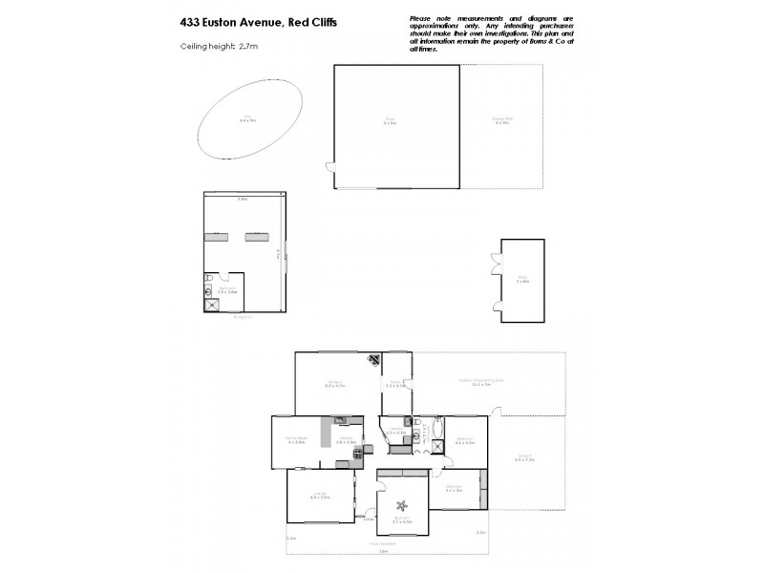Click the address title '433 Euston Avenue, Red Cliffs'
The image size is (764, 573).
[x=256, y=22]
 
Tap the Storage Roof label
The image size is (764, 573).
[x=502, y=119]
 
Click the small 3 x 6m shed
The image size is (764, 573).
[x=522, y=280]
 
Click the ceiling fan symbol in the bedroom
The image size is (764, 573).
[x=401, y=508]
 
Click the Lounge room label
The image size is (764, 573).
[x=320, y=496]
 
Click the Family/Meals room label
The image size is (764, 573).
[x=295, y=440]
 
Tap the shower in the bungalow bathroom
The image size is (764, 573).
[x=211, y=306]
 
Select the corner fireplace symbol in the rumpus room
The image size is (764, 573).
[x=373, y=360]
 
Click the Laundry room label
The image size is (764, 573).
[x=395, y=431]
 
